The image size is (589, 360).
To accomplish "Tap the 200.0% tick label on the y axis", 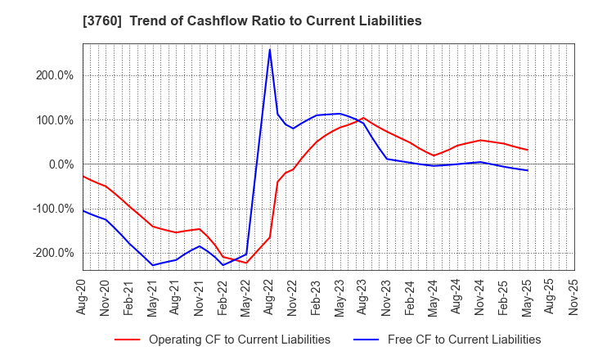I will pos(54,75).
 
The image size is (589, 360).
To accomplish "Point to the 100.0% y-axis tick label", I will pos(54,119).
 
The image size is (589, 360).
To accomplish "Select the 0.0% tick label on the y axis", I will pos(59,164).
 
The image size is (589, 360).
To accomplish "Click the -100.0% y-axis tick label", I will pos(52,208).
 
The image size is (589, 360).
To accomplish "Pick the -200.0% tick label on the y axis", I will pos(52,252).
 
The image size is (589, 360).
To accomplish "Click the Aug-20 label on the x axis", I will pos(83,295).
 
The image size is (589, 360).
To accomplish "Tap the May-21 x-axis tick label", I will pos(153,295).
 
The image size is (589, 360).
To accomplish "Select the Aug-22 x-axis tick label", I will pos(270,295).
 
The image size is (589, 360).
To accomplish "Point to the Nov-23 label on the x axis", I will pos(387,295).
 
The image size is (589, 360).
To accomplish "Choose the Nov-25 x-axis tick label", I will pos(574,295).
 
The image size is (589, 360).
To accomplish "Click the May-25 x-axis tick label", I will pos(528,295).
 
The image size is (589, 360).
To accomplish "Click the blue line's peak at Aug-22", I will pos(270,49).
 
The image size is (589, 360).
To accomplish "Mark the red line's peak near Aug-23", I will pos(363,118).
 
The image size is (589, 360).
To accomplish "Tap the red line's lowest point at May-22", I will pos(246,263).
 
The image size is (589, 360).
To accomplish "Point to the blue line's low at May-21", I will pos(153,265).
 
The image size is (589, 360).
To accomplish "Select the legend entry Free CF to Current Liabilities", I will pos(454,340).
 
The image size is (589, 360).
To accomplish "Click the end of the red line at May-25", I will pos(528,150).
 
